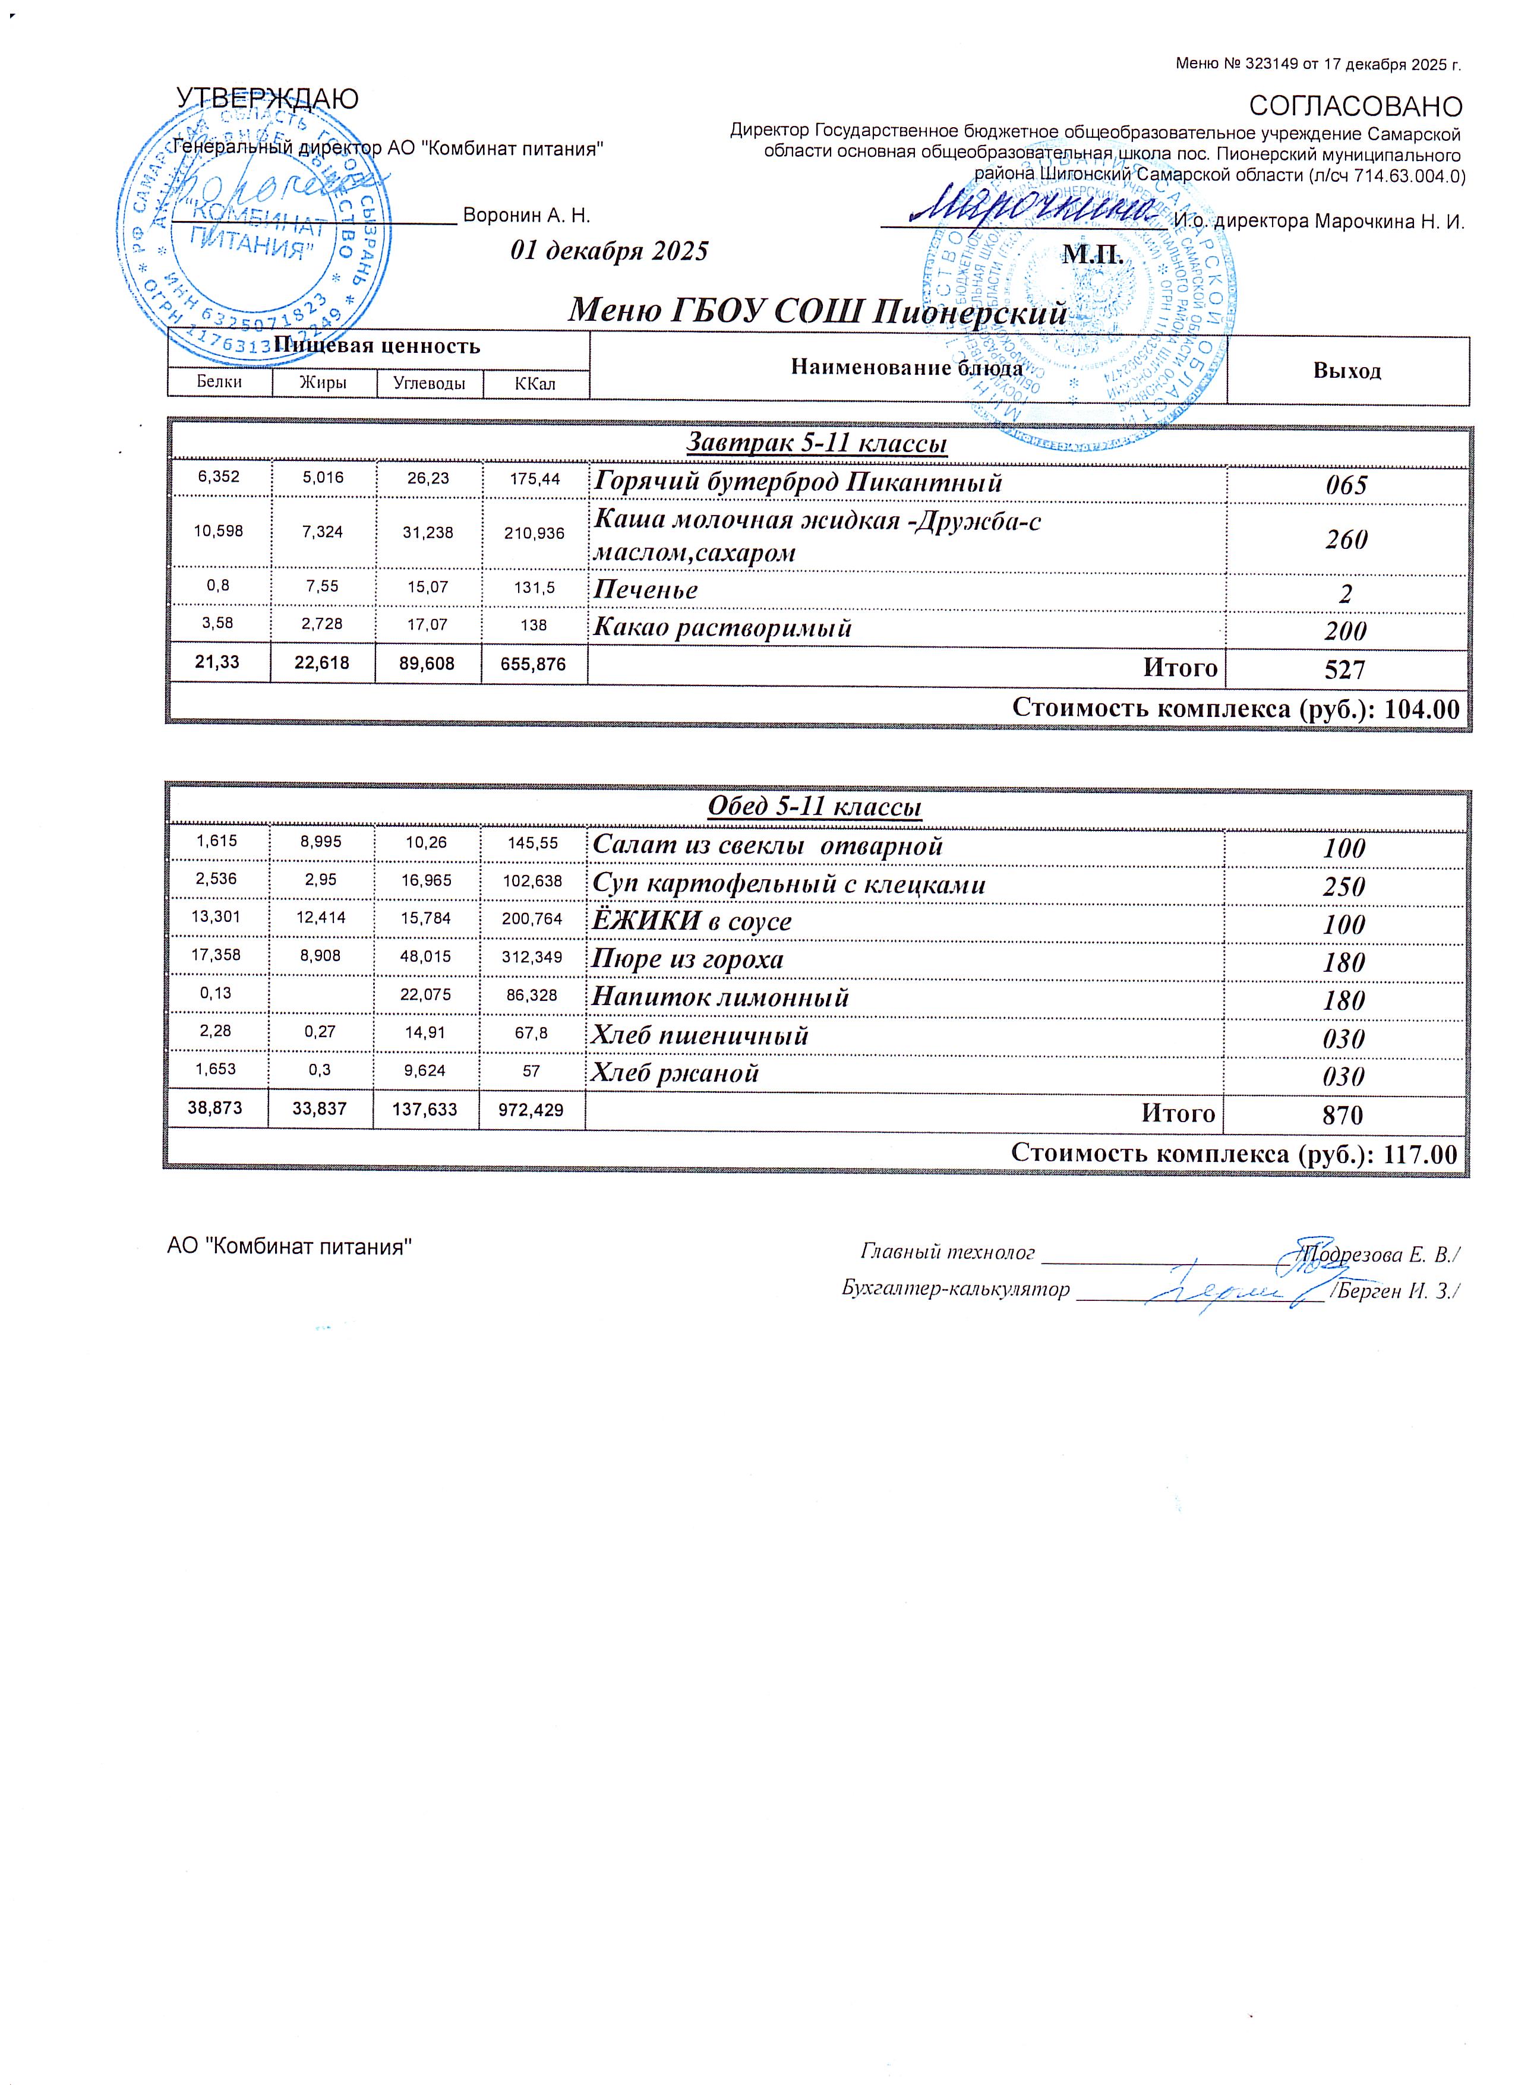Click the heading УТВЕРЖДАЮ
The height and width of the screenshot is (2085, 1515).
point(267,99)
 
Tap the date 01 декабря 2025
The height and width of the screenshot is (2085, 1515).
point(610,251)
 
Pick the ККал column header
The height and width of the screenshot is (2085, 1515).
point(535,383)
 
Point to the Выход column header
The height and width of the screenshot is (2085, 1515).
point(1347,371)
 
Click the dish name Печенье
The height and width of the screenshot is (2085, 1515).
point(645,589)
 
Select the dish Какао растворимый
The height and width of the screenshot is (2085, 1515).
point(722,628)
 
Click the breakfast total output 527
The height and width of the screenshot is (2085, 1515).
point(1345,669)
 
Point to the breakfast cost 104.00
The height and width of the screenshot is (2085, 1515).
point(1421,708)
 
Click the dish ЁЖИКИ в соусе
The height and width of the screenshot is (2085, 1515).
point(692,921)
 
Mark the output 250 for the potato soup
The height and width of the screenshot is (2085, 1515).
point(1344,886)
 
